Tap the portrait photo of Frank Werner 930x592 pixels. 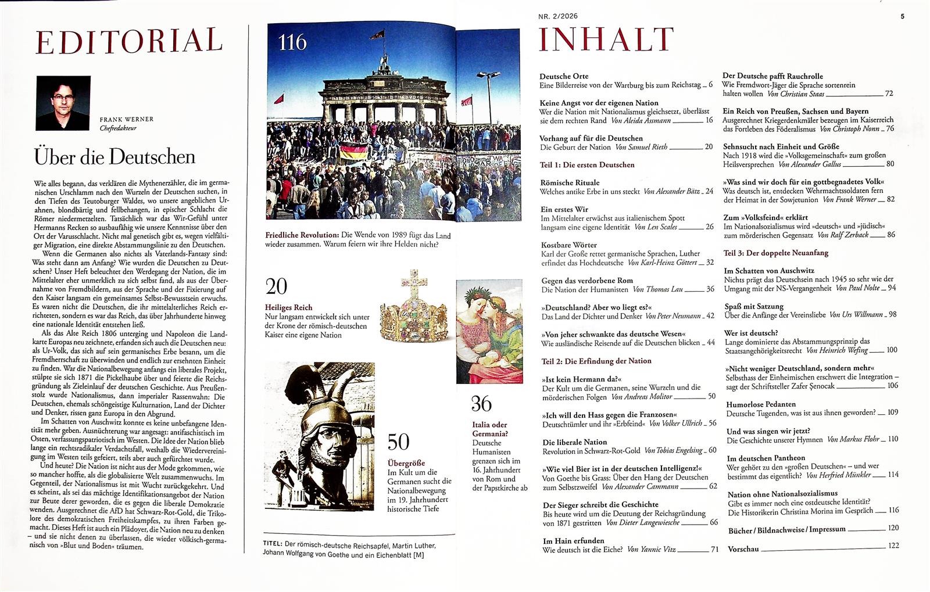[63, 103]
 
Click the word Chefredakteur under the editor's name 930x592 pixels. [118, 128]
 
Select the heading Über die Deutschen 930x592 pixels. [115, 157]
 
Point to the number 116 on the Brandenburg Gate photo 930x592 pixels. [292, 42]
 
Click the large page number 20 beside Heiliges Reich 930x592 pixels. [277, 286]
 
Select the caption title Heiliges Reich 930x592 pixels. [288, 307]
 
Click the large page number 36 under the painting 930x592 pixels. [481, 403]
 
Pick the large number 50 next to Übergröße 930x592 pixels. [398, 442]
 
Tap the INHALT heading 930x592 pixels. [606, 40]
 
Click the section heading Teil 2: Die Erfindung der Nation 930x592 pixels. [596, 361]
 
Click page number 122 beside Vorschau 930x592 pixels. [893, 546]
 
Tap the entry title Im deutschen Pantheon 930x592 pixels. [766, 458]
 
